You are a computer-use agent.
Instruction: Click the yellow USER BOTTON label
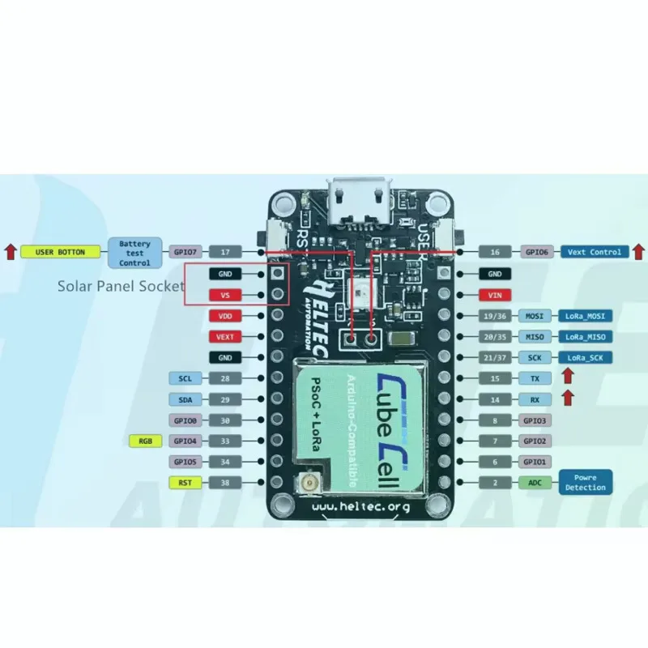pyautogui.click(x=62, y=252)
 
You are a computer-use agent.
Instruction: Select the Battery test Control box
pyautogui.click(x=134, y=252)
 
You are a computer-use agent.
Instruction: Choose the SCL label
pyautogui.click(x=185, y=378)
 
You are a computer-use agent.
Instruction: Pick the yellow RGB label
pyautogui.click(x=146, y=441)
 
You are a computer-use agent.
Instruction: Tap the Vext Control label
pyautogui.click(x=594, y=252)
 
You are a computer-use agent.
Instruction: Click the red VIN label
pyautogui.click(x=496, y=295)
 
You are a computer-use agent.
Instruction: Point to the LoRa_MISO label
pyautogui.click(x=585, y=336)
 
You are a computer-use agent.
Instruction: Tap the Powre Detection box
pyautogui.click(x=585, y=483)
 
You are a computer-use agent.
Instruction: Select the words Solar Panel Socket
pyautogui.click(x=122, y=286)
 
